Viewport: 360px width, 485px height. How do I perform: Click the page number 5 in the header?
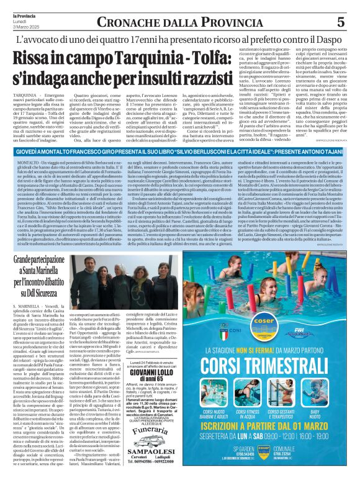(340, 22)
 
